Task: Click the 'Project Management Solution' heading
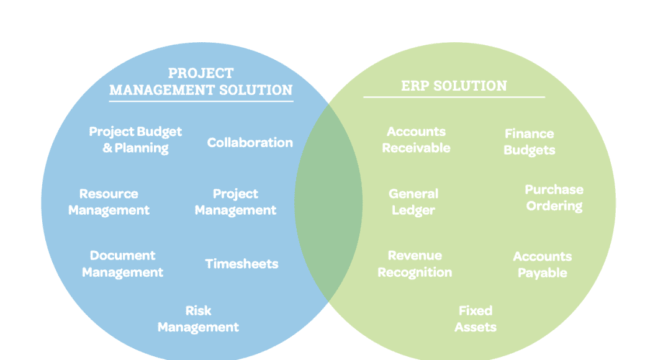click(x=201, y=81)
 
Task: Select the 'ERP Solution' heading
click(x=454, y=86)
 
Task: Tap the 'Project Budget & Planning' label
click(x=135, y=140)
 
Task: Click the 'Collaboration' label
click(x=250, y=143)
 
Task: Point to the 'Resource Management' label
click(x=109, y=202)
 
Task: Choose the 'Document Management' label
click(x=122, y=264)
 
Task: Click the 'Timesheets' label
click(x=241, y=264)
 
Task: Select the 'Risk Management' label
click(x=198, y=319)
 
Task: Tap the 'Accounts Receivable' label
click(x=416, y=140)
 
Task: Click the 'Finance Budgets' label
click(x=529, y=142)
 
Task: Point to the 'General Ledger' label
click(x=413, y=202)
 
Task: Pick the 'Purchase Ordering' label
click(x=554, y=197)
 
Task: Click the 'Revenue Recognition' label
click(x=415, y=264)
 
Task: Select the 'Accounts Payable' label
click(x=542, y=264)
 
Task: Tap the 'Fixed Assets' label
click(x=476, y=319)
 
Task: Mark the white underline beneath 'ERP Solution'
click(x=454, y=97)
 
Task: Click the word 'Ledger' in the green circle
click(x=413, y=211)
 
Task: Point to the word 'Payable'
click(x=542, y=273)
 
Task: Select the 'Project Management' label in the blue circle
click(x=235, y=202)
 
